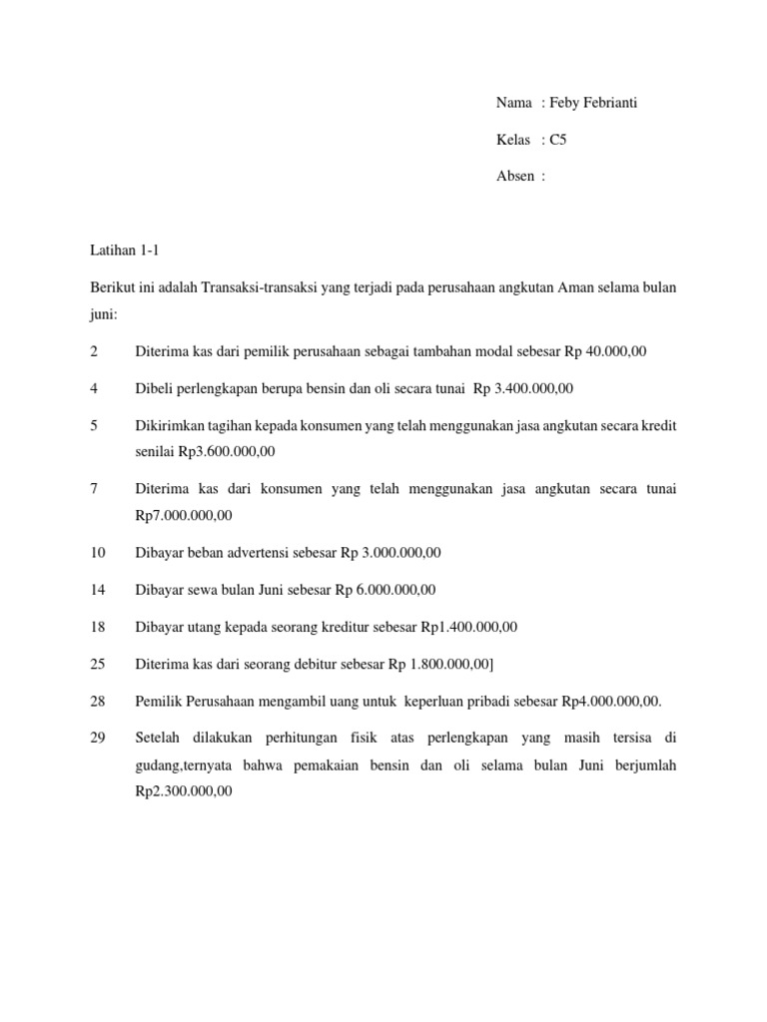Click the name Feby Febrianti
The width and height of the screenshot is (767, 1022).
click(x=597, y=104)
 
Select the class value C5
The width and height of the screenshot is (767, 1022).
click(x=558, y=140)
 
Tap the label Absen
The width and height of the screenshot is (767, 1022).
click(x=516, y=176)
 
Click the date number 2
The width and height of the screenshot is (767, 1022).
click(x=94, y=350)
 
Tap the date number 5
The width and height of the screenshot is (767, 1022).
click(x=94, y=426)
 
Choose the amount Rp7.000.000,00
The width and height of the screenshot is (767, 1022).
click(x=184, y=515)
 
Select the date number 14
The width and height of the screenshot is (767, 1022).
click(x=98, y=589)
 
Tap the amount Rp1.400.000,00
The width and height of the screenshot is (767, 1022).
click(x=469, y=627)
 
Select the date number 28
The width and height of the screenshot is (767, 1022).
click(x=98, y=701)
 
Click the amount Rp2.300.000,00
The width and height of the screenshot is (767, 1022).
click(x=184, y=790)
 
